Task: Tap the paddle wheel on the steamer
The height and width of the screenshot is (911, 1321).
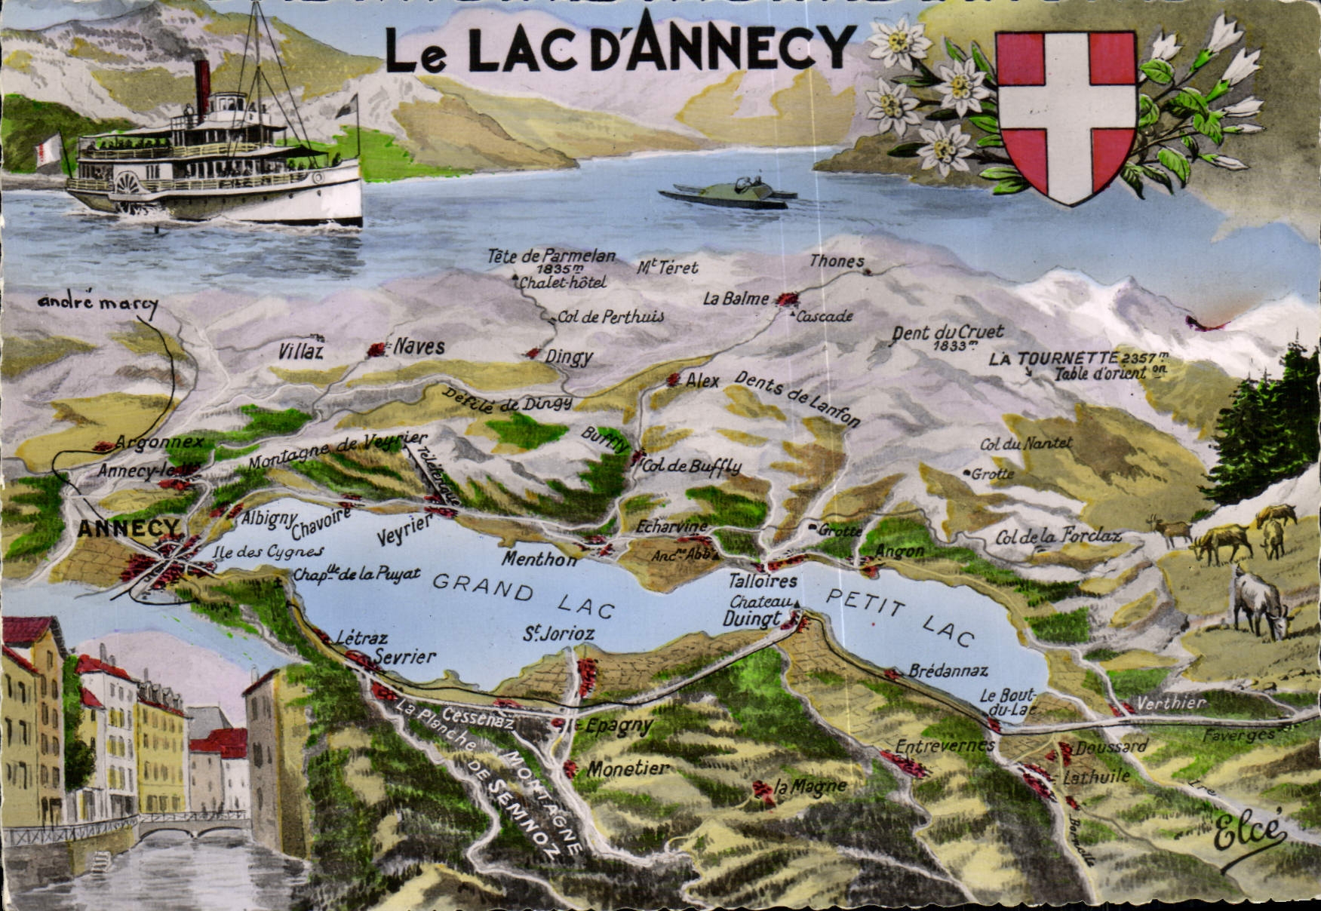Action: pyautogui.click(x=127, y=183)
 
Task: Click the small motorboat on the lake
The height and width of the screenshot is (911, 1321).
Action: pyautogui.click(x=729, y=194)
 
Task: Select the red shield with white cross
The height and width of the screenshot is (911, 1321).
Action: pyautogui.click(x=1066, y=113)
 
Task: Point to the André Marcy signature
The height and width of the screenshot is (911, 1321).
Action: pyautogui.click(x=98, y=302)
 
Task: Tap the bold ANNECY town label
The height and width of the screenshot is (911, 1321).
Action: pyautogui.click(x=129, y=528)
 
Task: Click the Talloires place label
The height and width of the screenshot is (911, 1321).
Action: pyautogui.click(x=763, y=581)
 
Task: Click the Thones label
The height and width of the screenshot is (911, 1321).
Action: pyautogui.click(x=837, y=262)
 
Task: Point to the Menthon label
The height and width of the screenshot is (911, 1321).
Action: pyautogui.click(x=539, y=560)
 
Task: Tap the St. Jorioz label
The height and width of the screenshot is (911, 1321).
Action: pyautogui.click(x=558, y=633)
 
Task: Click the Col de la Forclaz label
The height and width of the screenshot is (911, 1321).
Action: pyautogui.click(x=1058, y=537)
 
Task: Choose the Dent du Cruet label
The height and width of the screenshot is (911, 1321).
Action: pyautogui.click(x=948, y=333)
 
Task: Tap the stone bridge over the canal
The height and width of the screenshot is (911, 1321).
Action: pyautogui.click(x=193, y=827)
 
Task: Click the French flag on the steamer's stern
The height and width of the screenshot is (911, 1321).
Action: pyautogui.click(x=49, y=149)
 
